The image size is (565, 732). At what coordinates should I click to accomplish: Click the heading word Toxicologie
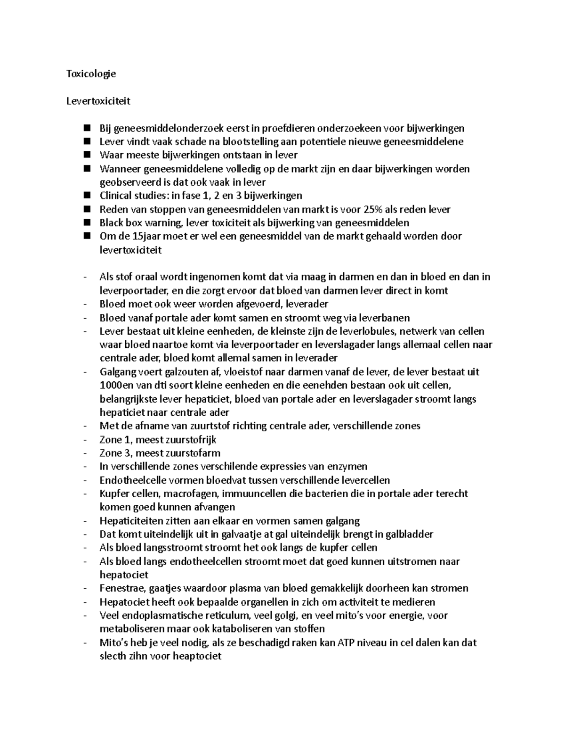[x=91, y=74]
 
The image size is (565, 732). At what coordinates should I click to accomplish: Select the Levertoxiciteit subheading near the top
[x=98, y=101]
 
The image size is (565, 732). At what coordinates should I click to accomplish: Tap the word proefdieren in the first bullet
[x=289, y=128]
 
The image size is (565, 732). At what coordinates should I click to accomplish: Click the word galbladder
[x=409, y=535]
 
